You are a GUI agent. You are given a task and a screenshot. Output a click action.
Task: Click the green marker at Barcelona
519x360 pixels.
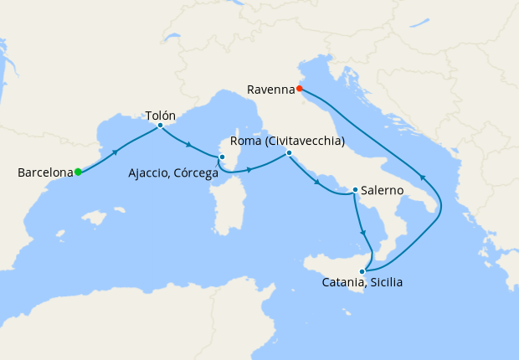tap(78, 172)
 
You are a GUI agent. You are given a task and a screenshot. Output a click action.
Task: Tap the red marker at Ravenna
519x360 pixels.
tap(299, 87)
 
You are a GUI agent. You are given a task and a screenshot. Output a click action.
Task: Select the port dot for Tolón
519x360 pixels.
tap(160, 126)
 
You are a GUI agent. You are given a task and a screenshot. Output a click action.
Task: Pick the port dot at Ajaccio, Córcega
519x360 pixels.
tap(222, 157)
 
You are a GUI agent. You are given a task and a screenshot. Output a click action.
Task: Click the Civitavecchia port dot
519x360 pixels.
tap(289, 153)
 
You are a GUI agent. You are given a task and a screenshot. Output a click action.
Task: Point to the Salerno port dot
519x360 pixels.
tap(356, 190)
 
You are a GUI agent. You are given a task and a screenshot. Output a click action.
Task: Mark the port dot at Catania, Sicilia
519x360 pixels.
tap(362, 270)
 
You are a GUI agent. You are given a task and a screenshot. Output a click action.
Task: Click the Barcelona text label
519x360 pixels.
tap(45, 173)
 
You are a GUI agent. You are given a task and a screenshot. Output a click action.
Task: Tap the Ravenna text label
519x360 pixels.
tap(270, 88)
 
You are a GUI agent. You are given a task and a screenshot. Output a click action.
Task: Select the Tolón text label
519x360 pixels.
tap(160, 114)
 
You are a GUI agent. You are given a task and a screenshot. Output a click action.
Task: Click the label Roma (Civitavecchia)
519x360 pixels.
tap(287, 141)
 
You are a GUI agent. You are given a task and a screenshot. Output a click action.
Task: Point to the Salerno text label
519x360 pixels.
tap(384, 191)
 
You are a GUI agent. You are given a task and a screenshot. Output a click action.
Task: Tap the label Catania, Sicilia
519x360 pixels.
tap(362, 283)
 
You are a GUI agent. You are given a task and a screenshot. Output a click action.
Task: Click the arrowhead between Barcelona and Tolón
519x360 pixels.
tap(116, 151)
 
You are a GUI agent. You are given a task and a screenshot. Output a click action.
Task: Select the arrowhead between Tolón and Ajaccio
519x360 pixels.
tap(189, 145)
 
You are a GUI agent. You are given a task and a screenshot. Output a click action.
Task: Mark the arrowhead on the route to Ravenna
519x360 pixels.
tap(423, 177)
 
